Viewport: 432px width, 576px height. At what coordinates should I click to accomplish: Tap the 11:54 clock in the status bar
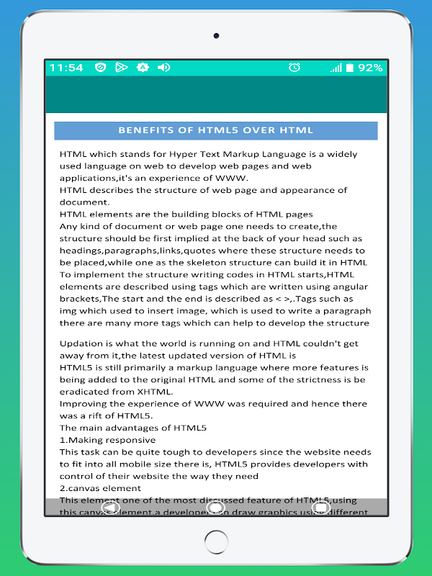66,68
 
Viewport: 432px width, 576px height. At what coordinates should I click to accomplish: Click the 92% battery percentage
370,68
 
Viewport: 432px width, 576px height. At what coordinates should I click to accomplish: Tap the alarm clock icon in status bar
294,68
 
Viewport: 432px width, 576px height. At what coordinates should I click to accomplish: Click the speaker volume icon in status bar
163,68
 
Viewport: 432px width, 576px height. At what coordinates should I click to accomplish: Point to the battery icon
350,68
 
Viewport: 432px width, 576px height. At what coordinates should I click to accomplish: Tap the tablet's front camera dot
216,35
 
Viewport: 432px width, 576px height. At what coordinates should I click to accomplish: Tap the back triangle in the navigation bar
110,508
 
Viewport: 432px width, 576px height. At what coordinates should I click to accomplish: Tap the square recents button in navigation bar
322,508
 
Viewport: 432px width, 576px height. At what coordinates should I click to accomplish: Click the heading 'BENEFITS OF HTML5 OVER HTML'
215,130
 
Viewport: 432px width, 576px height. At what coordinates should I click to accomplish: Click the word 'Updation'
81,343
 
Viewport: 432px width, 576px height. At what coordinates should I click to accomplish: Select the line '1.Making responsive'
107,440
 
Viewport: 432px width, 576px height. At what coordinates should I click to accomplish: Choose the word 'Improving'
84,404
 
